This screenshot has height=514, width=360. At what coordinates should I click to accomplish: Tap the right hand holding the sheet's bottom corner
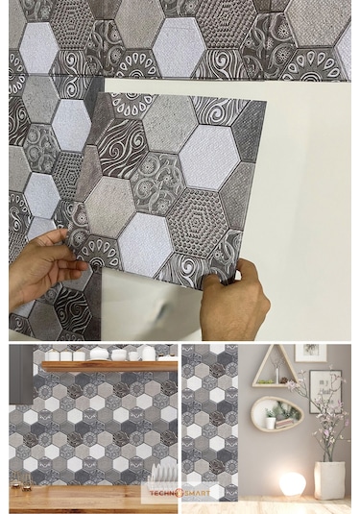[x=234, y=301]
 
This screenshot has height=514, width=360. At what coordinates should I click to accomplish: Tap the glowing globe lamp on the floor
[x=291, y=483]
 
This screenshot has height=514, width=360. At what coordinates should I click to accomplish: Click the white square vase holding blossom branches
[x=329, y=477]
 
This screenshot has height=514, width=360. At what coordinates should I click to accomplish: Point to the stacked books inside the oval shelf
[x=286, y=422]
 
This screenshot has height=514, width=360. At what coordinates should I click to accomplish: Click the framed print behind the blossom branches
[x=323, y=389]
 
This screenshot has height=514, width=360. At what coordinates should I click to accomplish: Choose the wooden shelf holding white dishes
[x=110, y=365]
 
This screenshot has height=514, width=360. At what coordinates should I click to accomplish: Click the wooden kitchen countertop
[x=91, y=500]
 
